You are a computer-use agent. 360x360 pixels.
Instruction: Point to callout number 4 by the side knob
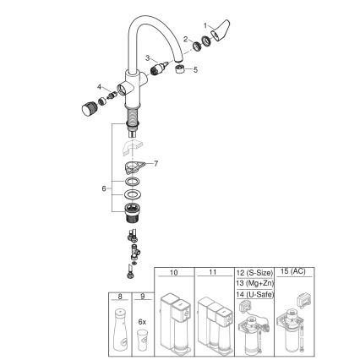(x=99, y=86)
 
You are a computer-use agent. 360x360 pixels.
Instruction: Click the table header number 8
(x=121, y=296)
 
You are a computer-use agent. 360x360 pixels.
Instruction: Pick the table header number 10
(x=174, y=273)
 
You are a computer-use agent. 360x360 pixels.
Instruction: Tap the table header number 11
(x=214, y=273)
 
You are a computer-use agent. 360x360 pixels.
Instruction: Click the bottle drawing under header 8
(x=121, y=333)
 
